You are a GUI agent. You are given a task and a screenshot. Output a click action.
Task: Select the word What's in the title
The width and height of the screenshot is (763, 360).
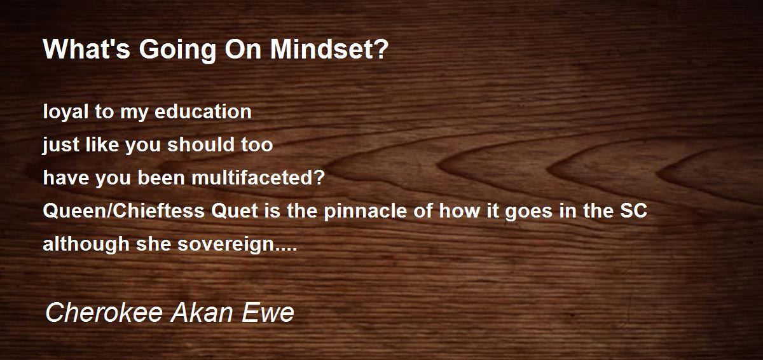pyautogui.click(x=86, y=50)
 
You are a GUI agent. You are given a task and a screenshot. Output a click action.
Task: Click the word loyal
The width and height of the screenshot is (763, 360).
pyautogui.click(x=65, y=113)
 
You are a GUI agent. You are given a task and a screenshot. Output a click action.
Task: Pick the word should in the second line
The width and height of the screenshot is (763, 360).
pyautogui.click(x=199, y=144)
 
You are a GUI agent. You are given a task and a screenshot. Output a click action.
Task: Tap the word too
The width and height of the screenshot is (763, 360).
pyautogui.click(x=257, y=145)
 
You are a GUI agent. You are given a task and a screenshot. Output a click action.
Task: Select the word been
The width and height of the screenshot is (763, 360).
pyautogui.click(x=161, y=177)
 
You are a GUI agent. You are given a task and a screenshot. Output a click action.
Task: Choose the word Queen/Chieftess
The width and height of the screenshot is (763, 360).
pyautogui.click(x=123, y=211)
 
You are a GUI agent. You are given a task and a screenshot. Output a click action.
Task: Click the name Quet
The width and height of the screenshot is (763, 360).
pyautogui.click(x=235, y=211)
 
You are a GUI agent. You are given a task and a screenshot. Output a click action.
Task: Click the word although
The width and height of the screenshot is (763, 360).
pyautogui.click(x=86, y=244)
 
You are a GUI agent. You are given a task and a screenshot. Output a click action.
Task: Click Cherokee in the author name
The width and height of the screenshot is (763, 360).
pyautogui.click(x=104, y=312)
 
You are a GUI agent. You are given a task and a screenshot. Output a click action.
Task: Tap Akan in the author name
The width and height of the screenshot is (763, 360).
pyautogui.click(x=202, y=312)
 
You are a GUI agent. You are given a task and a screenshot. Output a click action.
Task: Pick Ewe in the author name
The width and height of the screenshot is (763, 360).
pyautogui.click(x=268, y=312)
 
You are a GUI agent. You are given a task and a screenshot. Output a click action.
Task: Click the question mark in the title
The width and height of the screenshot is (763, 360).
pyautogui.click(x=383, y=50)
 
